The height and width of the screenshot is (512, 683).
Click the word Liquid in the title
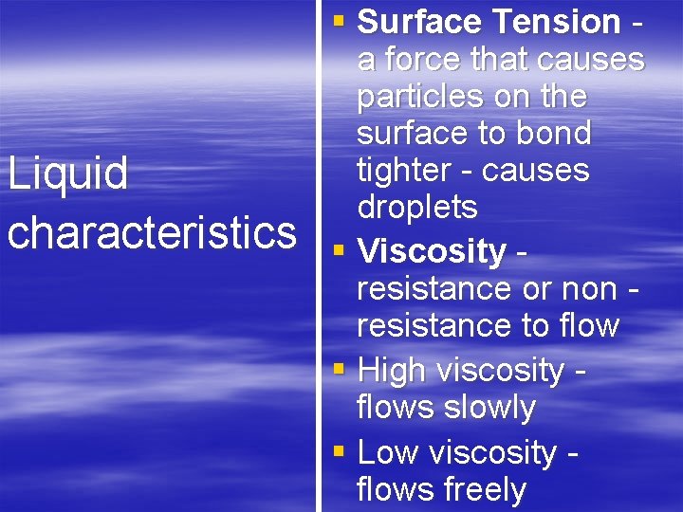pyautogui.click(x=67, y=174)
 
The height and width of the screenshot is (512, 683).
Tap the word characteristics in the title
pyautogui.click(x=152, y=231)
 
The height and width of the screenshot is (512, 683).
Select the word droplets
pyautogui.click(x=416, y=208)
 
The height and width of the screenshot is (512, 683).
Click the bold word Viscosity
pyautogui.click(x=432, y=251)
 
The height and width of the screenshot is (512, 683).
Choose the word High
pyautogui.click(x=391, y=371)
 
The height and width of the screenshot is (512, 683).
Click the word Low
pyautogui.click(x=389, y=453)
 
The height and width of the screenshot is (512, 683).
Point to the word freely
pyautogui.click(x=484, y=489)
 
